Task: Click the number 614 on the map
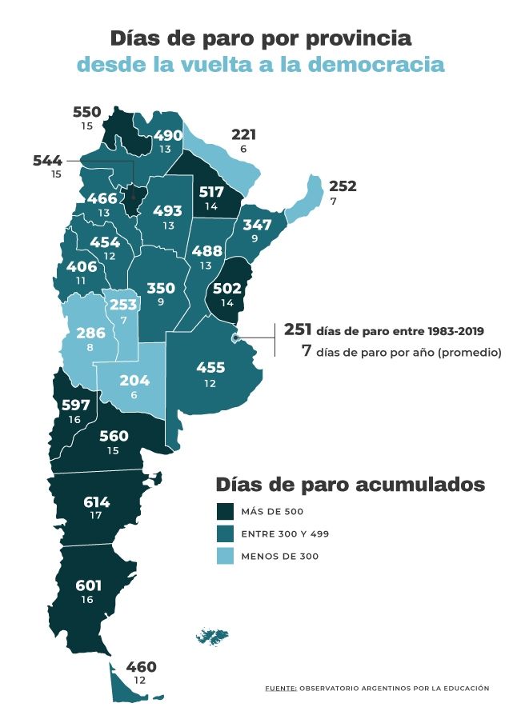[x=96, y=502]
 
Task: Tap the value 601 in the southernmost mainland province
[x=89, y=585]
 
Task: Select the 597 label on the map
[x=76, y=405]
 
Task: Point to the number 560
[x=115, y=436]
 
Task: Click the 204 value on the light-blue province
[x=134, y=381]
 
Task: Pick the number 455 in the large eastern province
[x=210, y=368]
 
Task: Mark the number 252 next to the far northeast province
[x=343, y=186]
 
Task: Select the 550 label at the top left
[x=87, y=113]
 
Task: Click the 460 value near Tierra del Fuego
[x=141, y=667]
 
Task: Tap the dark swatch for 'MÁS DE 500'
[x=225, y=512]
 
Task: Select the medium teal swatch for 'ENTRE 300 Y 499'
[x=225, y=534]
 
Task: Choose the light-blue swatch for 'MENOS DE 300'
[x=225, y=556]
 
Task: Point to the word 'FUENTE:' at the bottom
[x=281, y=688]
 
